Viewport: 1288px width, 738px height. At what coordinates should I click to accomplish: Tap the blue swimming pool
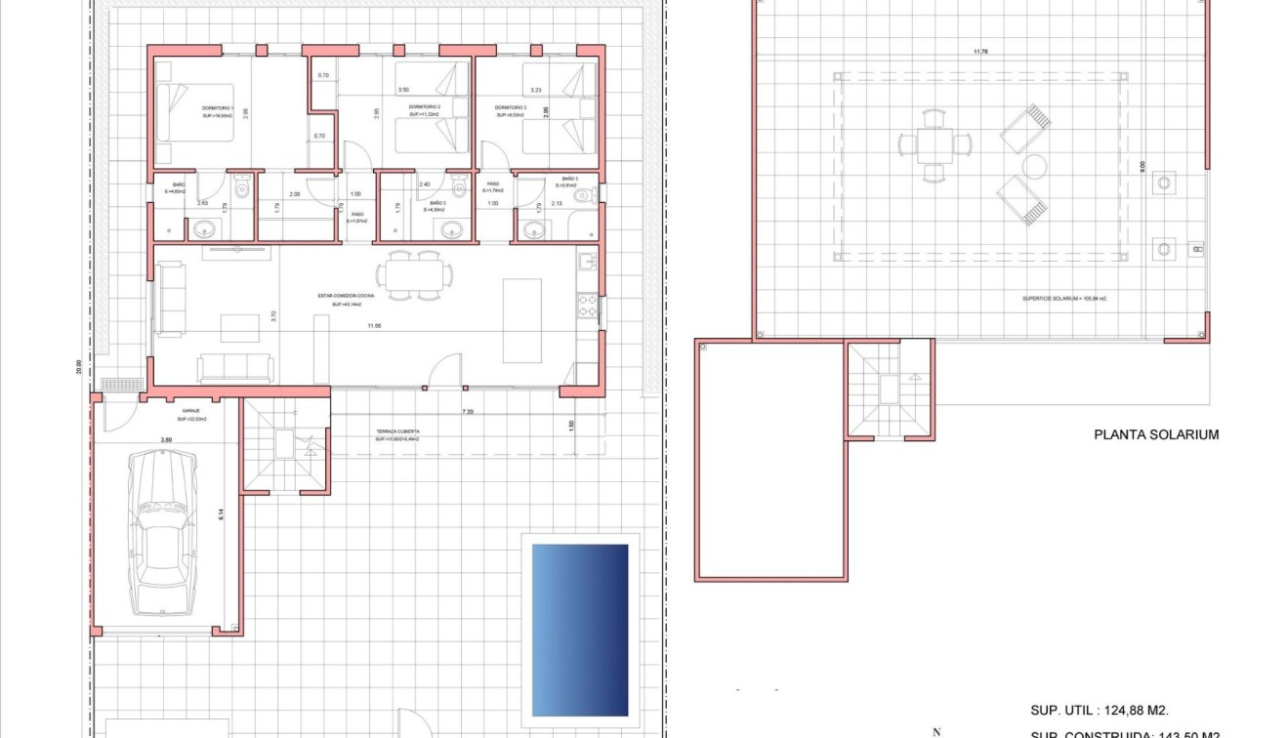(579, 630)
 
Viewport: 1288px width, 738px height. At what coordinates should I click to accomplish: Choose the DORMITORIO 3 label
(510, 107)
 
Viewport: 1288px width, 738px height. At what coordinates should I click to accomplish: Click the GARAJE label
(191, 411)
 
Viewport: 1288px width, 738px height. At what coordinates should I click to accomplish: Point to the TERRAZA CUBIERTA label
(398, 430)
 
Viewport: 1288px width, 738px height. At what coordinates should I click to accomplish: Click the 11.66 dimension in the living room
(374, 325)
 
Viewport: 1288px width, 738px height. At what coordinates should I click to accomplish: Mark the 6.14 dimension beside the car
(222, 516)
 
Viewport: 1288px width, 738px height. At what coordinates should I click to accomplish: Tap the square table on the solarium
(935, 145)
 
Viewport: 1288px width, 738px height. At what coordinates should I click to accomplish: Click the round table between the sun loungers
(1034, 165)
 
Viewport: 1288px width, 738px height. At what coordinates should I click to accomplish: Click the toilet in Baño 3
(584, 196)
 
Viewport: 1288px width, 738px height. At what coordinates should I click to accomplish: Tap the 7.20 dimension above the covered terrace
(468, 413)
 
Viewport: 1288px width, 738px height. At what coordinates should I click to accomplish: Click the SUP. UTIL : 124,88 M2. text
(1100, 711)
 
